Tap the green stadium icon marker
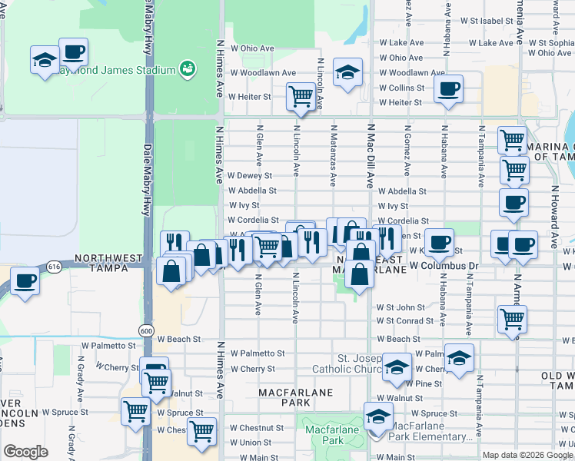(186, 70)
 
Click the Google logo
(25, 451)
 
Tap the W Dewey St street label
(250, 176)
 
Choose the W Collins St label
(401, 88)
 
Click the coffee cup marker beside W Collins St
(447, 89)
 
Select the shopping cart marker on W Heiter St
(300, 98)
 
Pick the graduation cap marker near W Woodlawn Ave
(347, 75)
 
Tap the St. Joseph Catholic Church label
(359, 365)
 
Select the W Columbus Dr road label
(444, 265)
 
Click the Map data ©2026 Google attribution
(527, 455)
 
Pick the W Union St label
(250, 443)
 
